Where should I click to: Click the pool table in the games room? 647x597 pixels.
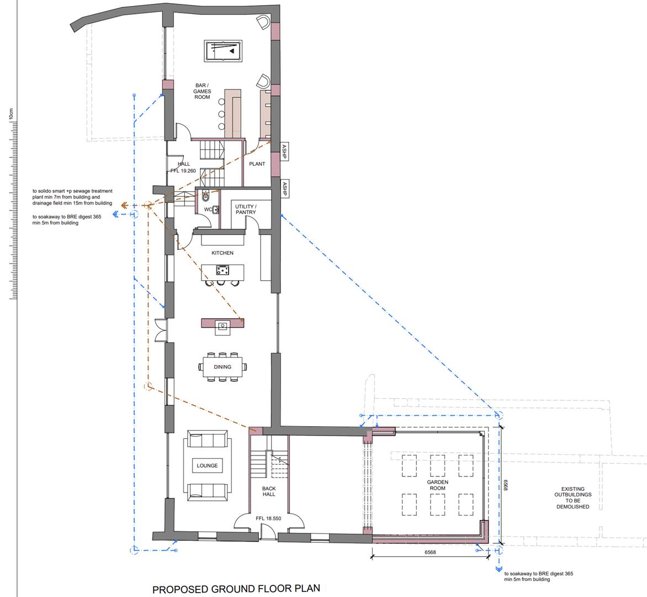(223, 51)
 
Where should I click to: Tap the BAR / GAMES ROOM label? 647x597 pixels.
(202, 91)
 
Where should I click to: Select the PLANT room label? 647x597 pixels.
(257, 164)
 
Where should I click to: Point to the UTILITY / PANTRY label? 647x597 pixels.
(246, 210)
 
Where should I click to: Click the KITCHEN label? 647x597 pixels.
(222, 253)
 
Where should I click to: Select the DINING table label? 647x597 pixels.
(222, 367)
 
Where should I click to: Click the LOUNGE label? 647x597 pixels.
(207, 465)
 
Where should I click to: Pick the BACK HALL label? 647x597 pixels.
(269, 491)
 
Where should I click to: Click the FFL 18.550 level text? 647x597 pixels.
(268, 519)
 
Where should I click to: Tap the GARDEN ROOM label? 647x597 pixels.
(437, 485)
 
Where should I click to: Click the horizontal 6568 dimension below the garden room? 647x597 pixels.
(430, 552)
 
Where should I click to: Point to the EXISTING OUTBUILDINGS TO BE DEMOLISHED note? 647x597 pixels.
(572, 498)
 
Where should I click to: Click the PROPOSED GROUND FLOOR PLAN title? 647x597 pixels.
(236, 589)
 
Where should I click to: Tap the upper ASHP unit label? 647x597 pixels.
(284, 151)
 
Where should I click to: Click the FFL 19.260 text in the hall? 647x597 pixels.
(183, 171)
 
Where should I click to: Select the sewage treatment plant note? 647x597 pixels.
(73, 197)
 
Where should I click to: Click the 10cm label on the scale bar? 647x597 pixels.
(11, 114)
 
